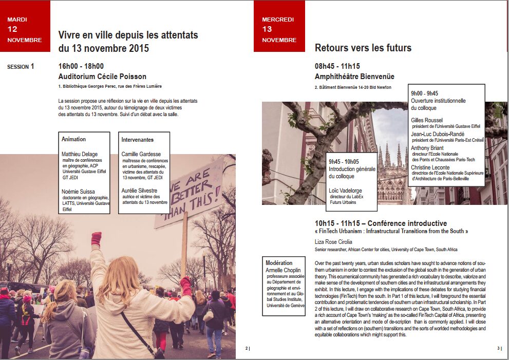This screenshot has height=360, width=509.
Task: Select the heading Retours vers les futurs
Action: coord(363,48)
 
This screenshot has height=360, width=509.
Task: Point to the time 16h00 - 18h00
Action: coord(81,66)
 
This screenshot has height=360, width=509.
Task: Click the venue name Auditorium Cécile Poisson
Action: coord(102,77)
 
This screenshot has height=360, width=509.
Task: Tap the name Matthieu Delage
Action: coord(80,154)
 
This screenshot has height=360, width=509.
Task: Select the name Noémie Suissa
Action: coord(79,192)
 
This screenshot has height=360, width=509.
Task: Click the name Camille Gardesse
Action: coord(141,154)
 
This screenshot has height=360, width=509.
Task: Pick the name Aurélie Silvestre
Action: coord(140,191)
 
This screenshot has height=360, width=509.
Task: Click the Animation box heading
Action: coord(73,139)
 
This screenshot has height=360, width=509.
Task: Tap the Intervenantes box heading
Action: coord(137,140)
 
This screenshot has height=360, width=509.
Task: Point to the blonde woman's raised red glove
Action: coord(97,238)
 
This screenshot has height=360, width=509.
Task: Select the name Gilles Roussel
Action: coord(426,120)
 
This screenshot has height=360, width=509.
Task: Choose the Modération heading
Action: coord(279,263)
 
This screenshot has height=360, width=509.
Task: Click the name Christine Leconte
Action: coord(430,167)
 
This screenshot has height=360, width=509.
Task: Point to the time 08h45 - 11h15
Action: coord(337,66)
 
